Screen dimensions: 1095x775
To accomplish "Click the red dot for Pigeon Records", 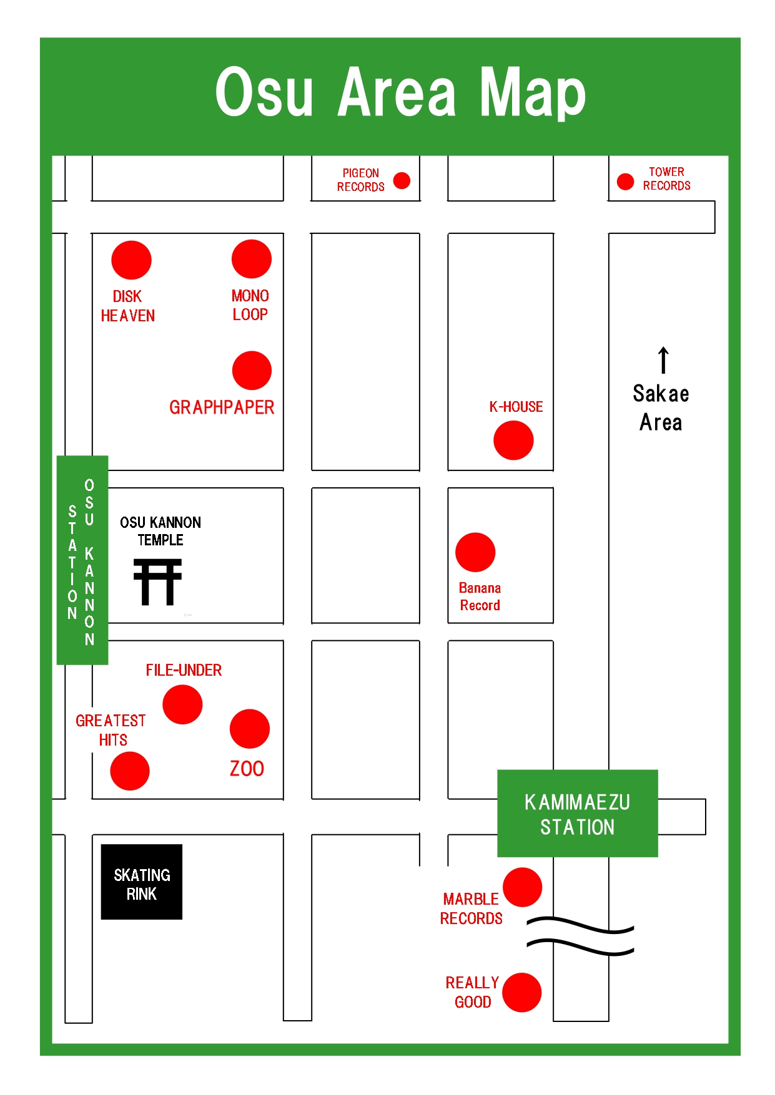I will tap(402, 181).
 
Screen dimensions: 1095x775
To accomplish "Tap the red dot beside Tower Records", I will tap(625, 182).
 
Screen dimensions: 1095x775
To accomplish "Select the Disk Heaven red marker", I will tap(131, 260).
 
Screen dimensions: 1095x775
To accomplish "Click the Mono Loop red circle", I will tap(251, 259).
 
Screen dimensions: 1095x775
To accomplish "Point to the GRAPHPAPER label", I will tap(222, 407).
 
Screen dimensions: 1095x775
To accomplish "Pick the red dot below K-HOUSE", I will tap(513, 440).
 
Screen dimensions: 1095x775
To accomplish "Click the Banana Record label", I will tap(480, 596).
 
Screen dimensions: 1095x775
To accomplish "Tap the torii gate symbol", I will tap(157, 582).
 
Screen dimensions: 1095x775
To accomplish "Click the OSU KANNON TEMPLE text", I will tap(160, 531).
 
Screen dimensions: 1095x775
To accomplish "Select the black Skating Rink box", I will tap(142, 882).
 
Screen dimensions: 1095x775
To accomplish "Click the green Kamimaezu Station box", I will tap(577, 814).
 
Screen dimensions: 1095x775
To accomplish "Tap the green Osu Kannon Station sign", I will tap(82, 560).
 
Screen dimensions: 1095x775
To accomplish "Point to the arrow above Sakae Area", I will tap(663, 361).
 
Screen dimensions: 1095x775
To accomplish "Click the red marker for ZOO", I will tap(250, 729).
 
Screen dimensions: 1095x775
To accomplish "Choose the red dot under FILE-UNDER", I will tap(182, 704).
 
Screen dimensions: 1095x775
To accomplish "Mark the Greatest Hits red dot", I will tap(130, 771).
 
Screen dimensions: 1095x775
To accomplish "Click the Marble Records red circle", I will tap(522, 887).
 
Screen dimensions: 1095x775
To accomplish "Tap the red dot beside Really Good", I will tap(521, 993).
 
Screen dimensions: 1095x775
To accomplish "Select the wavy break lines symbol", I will tap(580, 936).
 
